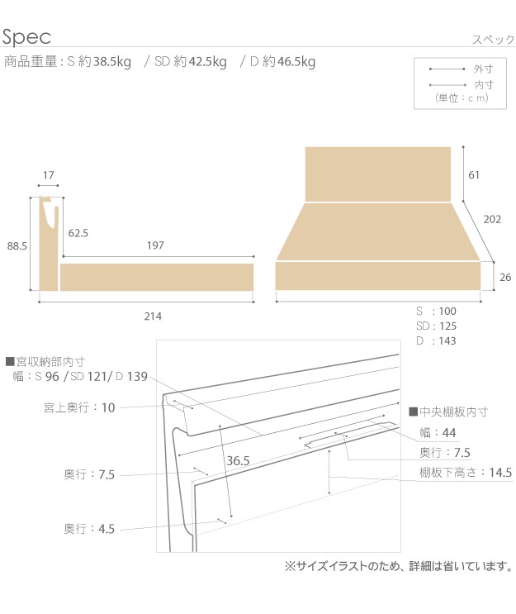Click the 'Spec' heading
tap(26, 37)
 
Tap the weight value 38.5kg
tap(112, 62)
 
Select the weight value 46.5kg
tap(296, 62)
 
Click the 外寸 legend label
tap(484, 69)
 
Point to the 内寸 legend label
tap(484, 84)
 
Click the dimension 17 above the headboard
tap(49, 175)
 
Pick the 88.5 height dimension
tap(17, 246)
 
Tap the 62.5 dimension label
tap(78, 233)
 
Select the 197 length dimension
tap(155, 245)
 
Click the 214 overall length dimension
tap(153, 317)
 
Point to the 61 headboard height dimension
tap(474, 175)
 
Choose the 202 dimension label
tap(492, 219)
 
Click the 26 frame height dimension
tap(505, 277)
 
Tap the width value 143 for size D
tap(447, 340)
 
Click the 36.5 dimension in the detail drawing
tap(238, 460)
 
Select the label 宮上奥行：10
tap(79, 407)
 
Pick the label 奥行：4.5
tap(89, 529)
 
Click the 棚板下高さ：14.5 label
tap(466, 472)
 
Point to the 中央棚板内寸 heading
tap(448, 412)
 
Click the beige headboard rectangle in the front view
tap(378, 174)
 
